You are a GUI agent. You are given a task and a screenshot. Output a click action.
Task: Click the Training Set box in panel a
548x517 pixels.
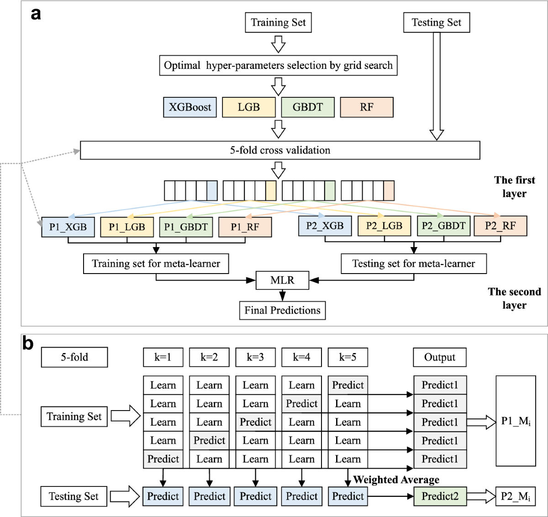278,22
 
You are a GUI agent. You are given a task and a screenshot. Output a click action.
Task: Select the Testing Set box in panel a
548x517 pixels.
436,22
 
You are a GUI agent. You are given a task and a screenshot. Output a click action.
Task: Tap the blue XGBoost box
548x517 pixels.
190,107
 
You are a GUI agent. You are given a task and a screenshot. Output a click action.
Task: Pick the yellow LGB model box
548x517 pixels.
249,107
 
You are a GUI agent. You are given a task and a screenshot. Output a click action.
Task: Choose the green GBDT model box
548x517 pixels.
308,107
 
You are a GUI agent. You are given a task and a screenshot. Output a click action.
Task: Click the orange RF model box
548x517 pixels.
366,107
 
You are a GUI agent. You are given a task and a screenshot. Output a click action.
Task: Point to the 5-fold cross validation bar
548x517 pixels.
280,150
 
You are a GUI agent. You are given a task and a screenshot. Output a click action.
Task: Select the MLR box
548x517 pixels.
282,280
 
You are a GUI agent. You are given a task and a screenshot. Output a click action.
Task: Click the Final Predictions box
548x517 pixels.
282,310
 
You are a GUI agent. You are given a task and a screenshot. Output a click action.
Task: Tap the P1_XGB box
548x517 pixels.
68,227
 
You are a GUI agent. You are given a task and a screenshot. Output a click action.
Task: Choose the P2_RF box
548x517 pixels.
500,226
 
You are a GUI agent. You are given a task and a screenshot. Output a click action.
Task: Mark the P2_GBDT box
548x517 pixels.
443,226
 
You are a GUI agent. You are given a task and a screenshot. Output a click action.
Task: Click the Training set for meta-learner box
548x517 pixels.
156,264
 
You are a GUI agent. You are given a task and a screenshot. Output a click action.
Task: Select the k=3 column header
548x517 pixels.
255,357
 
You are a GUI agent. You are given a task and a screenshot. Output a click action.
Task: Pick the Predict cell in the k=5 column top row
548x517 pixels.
348,385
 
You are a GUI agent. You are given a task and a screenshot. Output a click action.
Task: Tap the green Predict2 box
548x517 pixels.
440,496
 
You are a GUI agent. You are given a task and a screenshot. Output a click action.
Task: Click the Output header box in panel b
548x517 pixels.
439,357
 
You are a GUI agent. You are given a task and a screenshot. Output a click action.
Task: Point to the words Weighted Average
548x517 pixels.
396,480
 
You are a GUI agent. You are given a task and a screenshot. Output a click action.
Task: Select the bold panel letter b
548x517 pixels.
28,343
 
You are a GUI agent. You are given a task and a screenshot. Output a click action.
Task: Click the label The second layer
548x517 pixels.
514,298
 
